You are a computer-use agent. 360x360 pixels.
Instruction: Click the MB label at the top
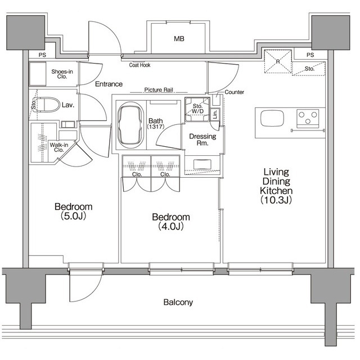(179, 39)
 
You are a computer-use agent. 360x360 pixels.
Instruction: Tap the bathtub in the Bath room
(131, 125)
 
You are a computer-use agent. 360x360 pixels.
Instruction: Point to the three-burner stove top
(308, 118)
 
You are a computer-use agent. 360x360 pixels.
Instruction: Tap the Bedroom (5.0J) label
(73, 210)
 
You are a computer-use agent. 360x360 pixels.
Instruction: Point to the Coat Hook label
(139, 65)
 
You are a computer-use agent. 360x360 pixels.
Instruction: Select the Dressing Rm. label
(199, 139)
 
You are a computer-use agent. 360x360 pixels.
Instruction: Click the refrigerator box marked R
(278, 61)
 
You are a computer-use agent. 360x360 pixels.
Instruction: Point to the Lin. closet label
(215, 114)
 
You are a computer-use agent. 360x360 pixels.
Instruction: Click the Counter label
(233, 92)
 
